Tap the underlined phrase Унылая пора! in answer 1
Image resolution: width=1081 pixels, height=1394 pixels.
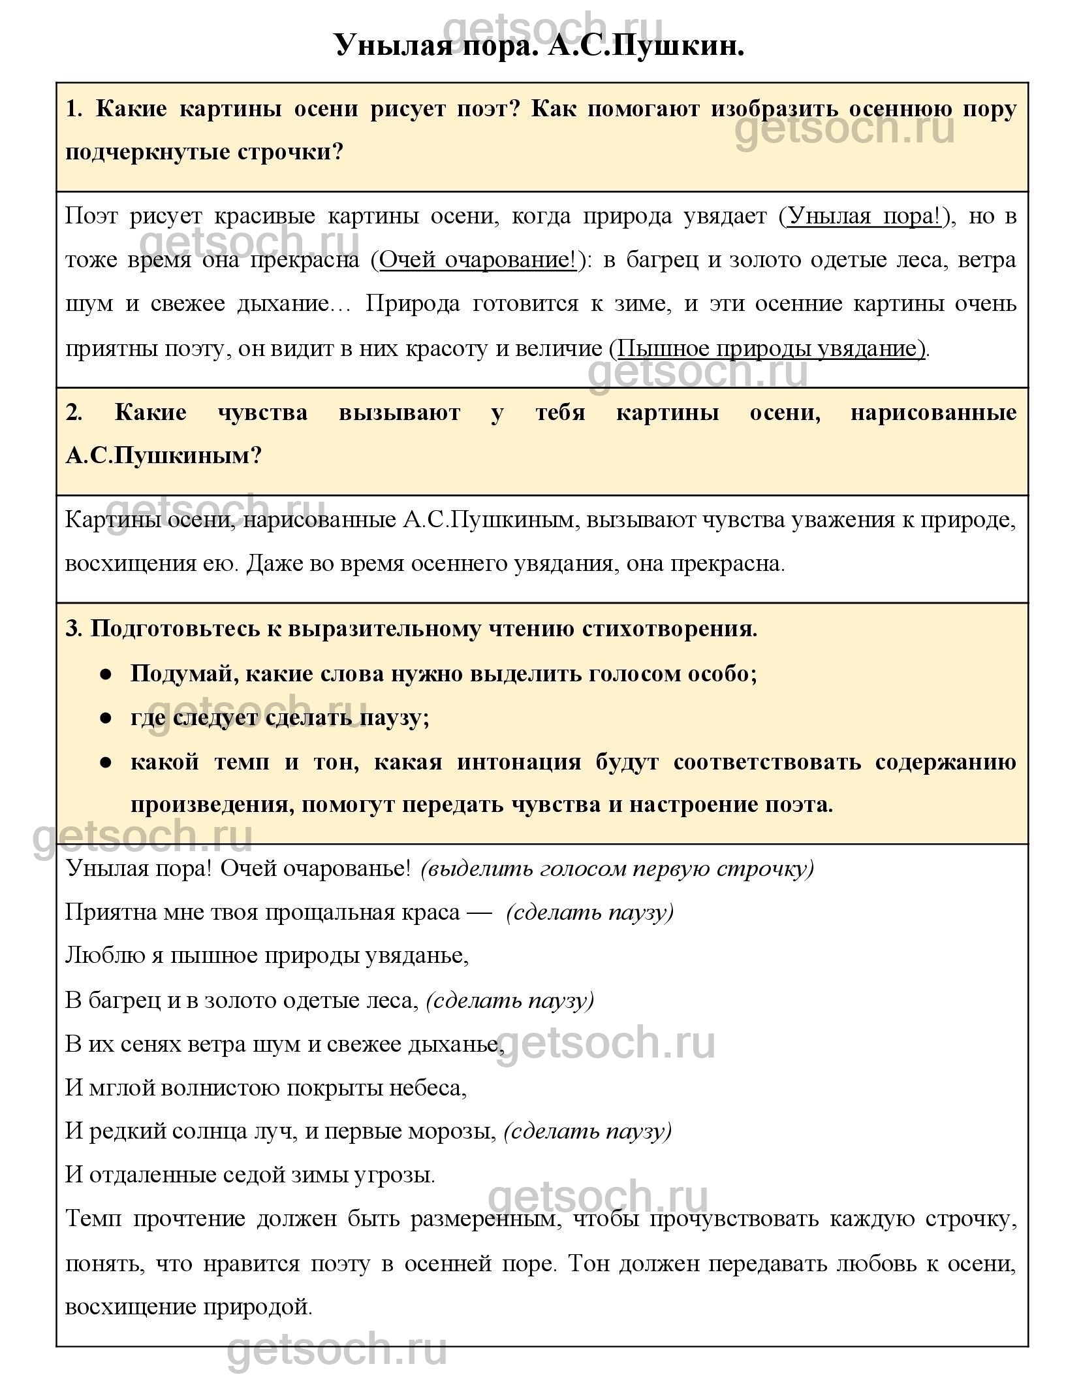(x=865, y=216)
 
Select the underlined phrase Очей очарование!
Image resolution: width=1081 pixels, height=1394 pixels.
(x=478, y=260)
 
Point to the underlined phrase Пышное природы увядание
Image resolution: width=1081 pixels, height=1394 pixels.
(x=770, y=348)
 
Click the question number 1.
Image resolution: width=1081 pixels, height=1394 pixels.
(x=74, y=108)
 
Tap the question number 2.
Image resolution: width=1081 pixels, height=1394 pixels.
(x=74, y=413)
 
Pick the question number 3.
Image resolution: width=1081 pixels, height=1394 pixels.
(x=74, y=628)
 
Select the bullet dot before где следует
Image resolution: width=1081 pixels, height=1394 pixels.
(x=104, y=717)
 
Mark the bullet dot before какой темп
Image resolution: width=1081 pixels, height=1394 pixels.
(x=104, y=762)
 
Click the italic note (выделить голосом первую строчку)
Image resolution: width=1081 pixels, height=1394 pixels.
(x=618, y=868)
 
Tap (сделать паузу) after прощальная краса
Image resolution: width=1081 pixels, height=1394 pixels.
(x=589, y=912)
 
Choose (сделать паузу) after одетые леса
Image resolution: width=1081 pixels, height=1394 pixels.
(x=510, y=1000)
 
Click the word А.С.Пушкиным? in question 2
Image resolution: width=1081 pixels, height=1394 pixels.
(x=163, y=455)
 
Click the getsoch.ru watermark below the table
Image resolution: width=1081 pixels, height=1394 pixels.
(x=337, y=1350)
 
